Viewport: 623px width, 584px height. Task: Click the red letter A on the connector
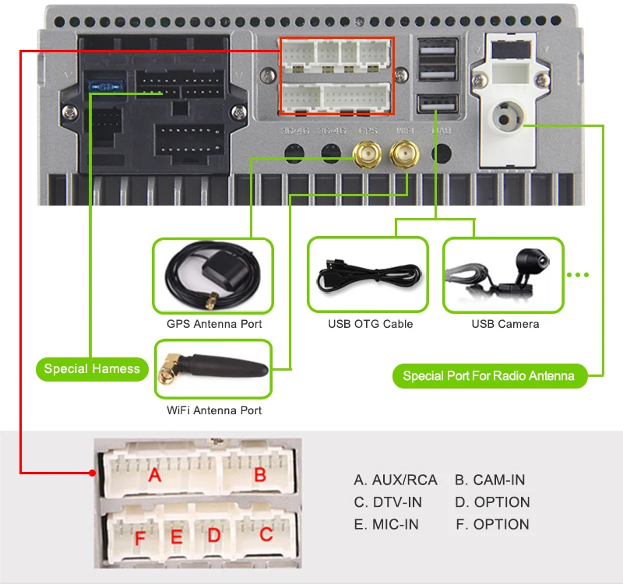[x=155, y=473]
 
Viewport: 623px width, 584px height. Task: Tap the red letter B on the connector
[x=260, y=474]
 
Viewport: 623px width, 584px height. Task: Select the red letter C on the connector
[x=266, y=535]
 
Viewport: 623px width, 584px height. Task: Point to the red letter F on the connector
[x=140, y=538]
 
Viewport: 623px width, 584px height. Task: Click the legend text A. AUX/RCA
[x=396, y=480]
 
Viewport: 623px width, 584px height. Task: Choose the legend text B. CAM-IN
[x=490, y=480]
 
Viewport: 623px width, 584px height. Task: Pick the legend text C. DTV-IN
[x=388, y=502]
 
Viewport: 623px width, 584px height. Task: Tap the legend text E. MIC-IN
[x=386, y=525]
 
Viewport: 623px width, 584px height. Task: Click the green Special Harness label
[x=92, y=369]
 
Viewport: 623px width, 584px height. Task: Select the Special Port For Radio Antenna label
[x=488, y=376]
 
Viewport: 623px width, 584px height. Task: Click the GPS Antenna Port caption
[x=214, y=324]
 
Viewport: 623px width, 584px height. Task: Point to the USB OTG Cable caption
[x=370, y=324]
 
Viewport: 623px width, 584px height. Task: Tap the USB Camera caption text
[x=505, y=324]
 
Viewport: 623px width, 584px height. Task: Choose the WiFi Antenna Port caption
[x=214, y=410]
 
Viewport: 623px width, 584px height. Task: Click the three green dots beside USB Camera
[x=579, y=275]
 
